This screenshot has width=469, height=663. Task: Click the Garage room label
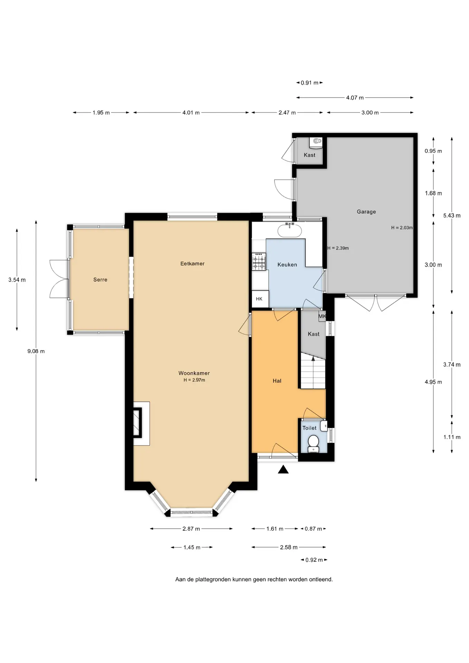point(366,212)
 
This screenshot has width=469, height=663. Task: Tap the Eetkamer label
point(192,263)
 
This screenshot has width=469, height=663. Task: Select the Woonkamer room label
point(194,373)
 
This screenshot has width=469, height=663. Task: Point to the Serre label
point(100,280)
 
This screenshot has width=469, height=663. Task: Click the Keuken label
point(287,265)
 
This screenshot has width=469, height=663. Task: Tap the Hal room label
point(277,381)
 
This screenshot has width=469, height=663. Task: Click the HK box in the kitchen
point(259,299)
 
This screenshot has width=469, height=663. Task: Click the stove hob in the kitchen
point(259,261)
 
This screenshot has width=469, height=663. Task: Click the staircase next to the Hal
point(313,371)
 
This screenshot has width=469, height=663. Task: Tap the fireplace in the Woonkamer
point(142,423)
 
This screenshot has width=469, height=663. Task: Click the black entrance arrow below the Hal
point(283,469)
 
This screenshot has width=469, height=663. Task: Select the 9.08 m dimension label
point(36,351)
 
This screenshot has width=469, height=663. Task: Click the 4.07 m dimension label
point(355,98)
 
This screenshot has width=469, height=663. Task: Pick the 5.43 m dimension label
point(452,215)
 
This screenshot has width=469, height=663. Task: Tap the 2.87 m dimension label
point(191,529)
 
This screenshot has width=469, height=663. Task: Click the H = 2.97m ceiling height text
point(194,380)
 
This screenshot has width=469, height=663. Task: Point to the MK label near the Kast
point(322,316)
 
